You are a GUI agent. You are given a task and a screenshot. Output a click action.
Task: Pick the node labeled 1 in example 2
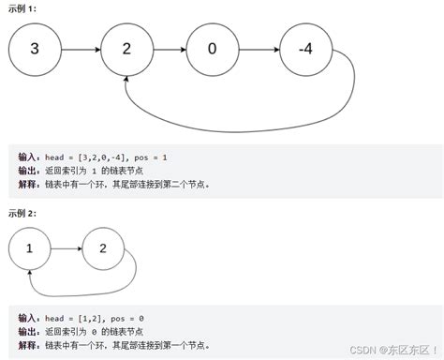[30, 249]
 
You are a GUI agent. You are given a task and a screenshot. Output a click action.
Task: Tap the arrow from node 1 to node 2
[66, 249]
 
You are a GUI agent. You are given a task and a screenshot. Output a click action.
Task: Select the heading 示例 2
[24, 212]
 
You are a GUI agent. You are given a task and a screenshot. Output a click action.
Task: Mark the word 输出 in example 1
[29, 170]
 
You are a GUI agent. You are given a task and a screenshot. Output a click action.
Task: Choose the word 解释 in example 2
[29, 346]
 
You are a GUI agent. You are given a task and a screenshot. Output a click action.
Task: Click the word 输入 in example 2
[29, 320]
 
